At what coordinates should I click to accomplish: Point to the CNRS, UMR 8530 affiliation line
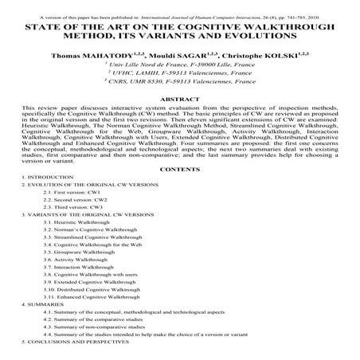tap(180, 92)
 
